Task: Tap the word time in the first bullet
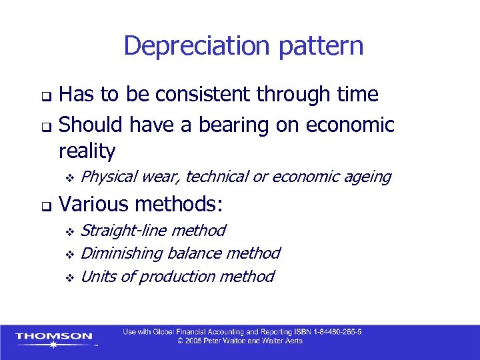(x=357, y=95)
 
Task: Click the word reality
(x=87, y=151)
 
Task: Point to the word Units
(x=95, y=276)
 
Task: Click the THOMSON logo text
(x=54, y=336)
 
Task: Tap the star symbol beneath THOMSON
(x=53, y=345)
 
